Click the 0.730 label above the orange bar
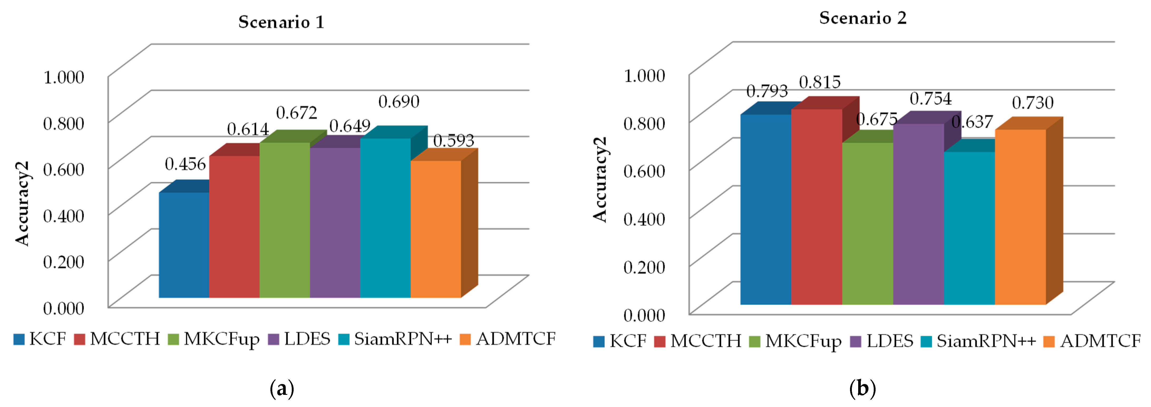click(1033, 103)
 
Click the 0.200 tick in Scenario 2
click(644, 267)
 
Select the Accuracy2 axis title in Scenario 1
click(22, 203)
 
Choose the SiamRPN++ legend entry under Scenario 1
click(395, 339)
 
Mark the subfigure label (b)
click(862, 388)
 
